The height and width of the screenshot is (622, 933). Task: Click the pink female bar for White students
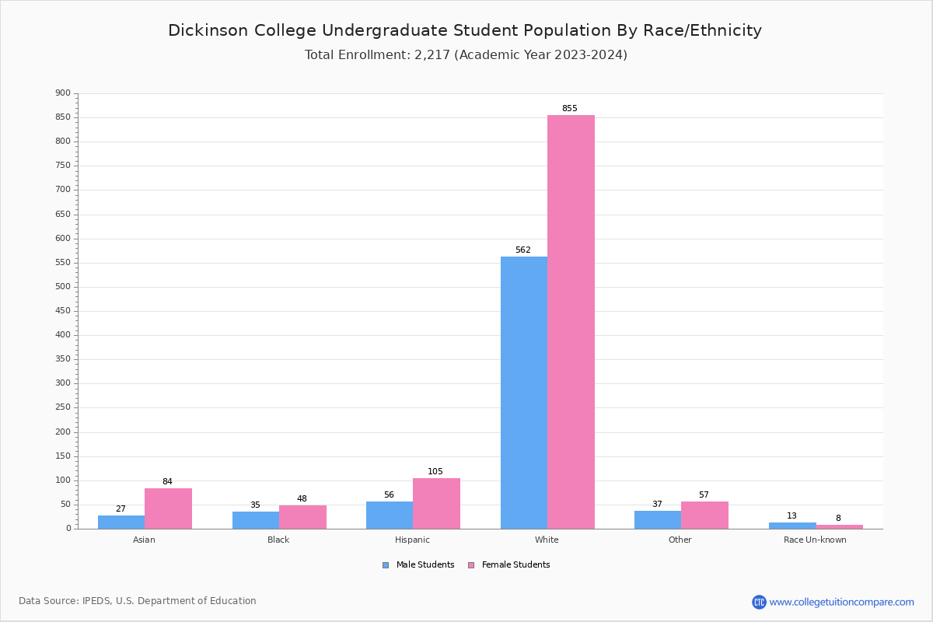pos(571,322)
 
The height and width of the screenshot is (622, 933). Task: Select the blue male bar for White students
pos(523,393)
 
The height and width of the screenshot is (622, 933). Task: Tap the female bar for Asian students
pos(168,508)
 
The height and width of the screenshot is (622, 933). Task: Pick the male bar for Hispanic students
pos(390,515)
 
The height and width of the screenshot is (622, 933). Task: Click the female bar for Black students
pos(302,517)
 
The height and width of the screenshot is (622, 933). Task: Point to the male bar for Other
pos(658,519)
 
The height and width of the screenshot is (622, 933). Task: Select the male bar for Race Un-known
pos(792,526)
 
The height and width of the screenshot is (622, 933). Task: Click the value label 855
pos(570,109)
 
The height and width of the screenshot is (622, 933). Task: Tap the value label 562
pos(523,250)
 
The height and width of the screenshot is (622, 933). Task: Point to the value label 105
pos(435,472)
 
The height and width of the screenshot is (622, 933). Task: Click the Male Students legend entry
pos(419,565)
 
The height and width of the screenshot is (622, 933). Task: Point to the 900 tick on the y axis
pos(63,93)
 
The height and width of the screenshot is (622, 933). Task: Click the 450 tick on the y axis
pos(63,311)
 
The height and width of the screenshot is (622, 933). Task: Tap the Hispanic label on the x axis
pos(412,540)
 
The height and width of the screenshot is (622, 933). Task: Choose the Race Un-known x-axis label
pos(815,540)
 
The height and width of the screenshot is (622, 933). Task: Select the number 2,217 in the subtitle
pos(432,55)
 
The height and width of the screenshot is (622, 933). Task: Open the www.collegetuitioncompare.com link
pos(841,602)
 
